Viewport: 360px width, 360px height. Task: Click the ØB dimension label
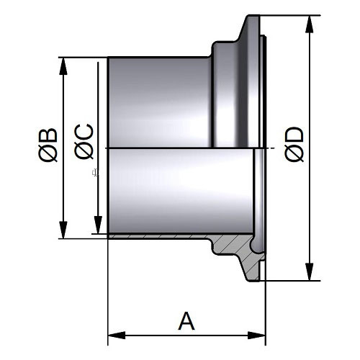tap(48, 145)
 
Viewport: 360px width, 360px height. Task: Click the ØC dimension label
tap(84, 141)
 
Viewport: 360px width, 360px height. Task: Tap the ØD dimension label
tap(294, 144)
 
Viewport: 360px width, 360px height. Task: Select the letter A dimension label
tap(186, 321)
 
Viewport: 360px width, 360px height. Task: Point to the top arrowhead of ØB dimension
tap(63, 66)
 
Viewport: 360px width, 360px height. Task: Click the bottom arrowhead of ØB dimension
tap(63, 230)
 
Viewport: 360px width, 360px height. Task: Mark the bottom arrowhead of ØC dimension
tap(98, 225)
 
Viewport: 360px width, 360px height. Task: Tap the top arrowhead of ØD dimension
tap(310, 24)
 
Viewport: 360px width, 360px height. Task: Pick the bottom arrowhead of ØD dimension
tap(310, 271)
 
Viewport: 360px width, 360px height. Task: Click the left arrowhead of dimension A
tap(117, 336)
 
